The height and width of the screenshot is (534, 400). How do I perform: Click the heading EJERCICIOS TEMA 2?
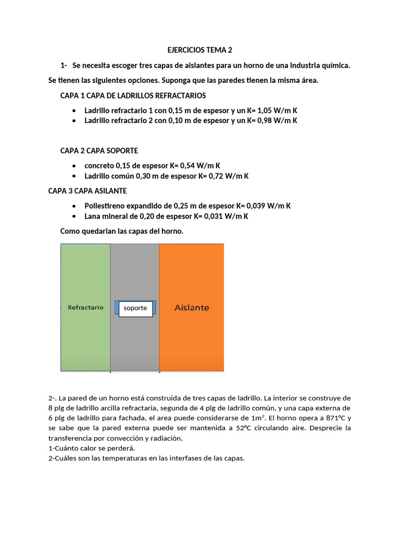pyautogui.click(x=199, y=51)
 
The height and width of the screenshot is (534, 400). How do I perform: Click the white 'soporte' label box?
pyautogui.click(x=135, y=308)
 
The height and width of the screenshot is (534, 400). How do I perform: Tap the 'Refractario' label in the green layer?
pyautogui.click(x=85, y=308)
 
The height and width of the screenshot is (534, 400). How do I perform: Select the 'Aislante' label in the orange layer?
pyautogui.click(x=191, y=308)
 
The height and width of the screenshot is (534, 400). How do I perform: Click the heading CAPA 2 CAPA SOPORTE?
pyautogui.click(x=99, y=151)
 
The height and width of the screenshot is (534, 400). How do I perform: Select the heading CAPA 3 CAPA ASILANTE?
pyautogui.click(x=87, y=191)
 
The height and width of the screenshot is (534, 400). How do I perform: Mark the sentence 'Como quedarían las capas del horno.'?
pyautogui.click(x=122, y=230)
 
